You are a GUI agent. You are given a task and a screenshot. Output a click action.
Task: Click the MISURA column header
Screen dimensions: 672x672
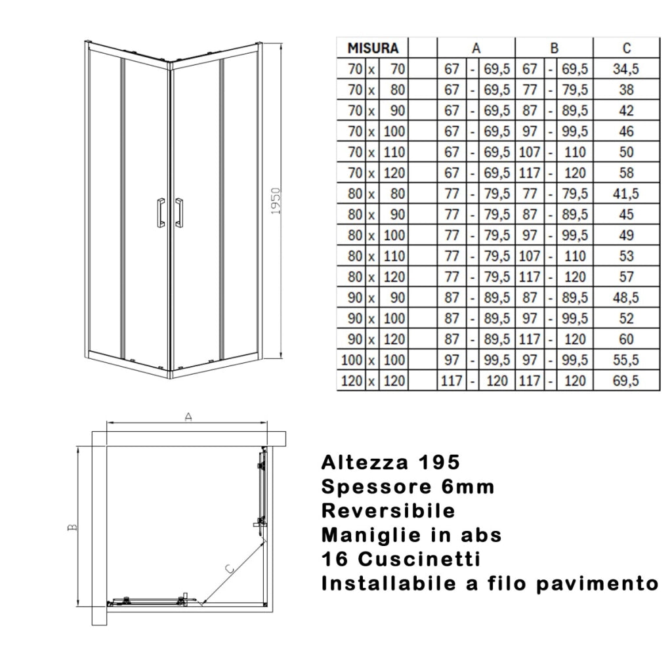click(x=372, y=48)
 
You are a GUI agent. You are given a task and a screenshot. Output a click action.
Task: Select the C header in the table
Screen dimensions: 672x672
click(x=627, y=48)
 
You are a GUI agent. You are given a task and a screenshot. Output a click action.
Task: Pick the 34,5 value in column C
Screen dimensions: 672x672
click(x=627, y=68)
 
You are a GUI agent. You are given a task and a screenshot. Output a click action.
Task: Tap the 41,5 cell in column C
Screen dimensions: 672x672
click(x=627, y=194)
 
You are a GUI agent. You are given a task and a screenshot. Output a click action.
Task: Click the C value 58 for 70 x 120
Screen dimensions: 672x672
click(x=627, y=173)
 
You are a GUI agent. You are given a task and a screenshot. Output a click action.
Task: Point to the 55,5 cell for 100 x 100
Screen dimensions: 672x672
click(x=627, y=360)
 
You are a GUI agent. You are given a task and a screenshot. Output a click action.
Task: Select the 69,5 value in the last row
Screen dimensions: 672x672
click(x=627, y=381)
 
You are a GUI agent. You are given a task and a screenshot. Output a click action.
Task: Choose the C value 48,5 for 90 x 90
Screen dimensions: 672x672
click(x=627, y=297)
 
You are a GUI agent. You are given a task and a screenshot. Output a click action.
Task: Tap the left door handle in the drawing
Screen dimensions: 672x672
click(x=159, y=212)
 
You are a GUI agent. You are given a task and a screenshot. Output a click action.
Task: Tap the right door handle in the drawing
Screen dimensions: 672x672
click(x=179, y=212)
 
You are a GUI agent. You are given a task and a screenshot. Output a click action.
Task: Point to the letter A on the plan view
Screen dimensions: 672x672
click(x=188, y=417)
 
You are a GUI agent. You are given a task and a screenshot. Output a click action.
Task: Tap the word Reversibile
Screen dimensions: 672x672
click(x=388, y=511)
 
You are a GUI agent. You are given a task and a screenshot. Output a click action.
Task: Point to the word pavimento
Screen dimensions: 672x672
click(x=597, y=583)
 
